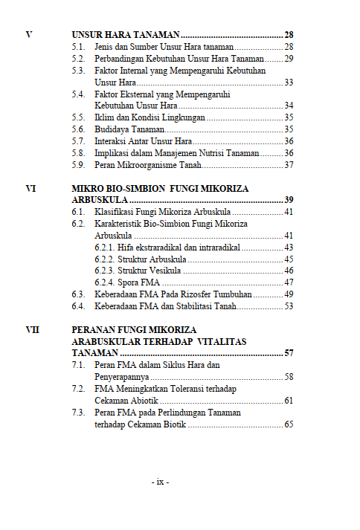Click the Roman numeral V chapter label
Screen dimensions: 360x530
tap(28, 35)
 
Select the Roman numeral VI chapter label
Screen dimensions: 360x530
tap(30, 189)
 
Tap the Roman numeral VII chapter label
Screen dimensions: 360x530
tap(32, 329)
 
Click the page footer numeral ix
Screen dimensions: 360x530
tap(160, 482)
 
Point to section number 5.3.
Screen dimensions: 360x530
tap(78, 70)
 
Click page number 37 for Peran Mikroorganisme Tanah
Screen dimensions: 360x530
tap(289, 164)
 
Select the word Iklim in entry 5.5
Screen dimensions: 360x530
tap(104, 117)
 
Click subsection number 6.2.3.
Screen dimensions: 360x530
tap(105, 271)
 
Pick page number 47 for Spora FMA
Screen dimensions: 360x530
tap(289, 282)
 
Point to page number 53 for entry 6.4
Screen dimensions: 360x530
tap(289, 306)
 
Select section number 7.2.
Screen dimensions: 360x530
tap(78, 389)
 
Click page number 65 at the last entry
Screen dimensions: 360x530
tap(289, 424)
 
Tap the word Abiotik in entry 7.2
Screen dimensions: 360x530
tap(144, 401)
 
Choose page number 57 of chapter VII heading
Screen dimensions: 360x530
tap(289, 353)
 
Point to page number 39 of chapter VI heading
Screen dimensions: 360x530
tap(289, 201)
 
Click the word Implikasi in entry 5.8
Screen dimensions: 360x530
tap(112, 152)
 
